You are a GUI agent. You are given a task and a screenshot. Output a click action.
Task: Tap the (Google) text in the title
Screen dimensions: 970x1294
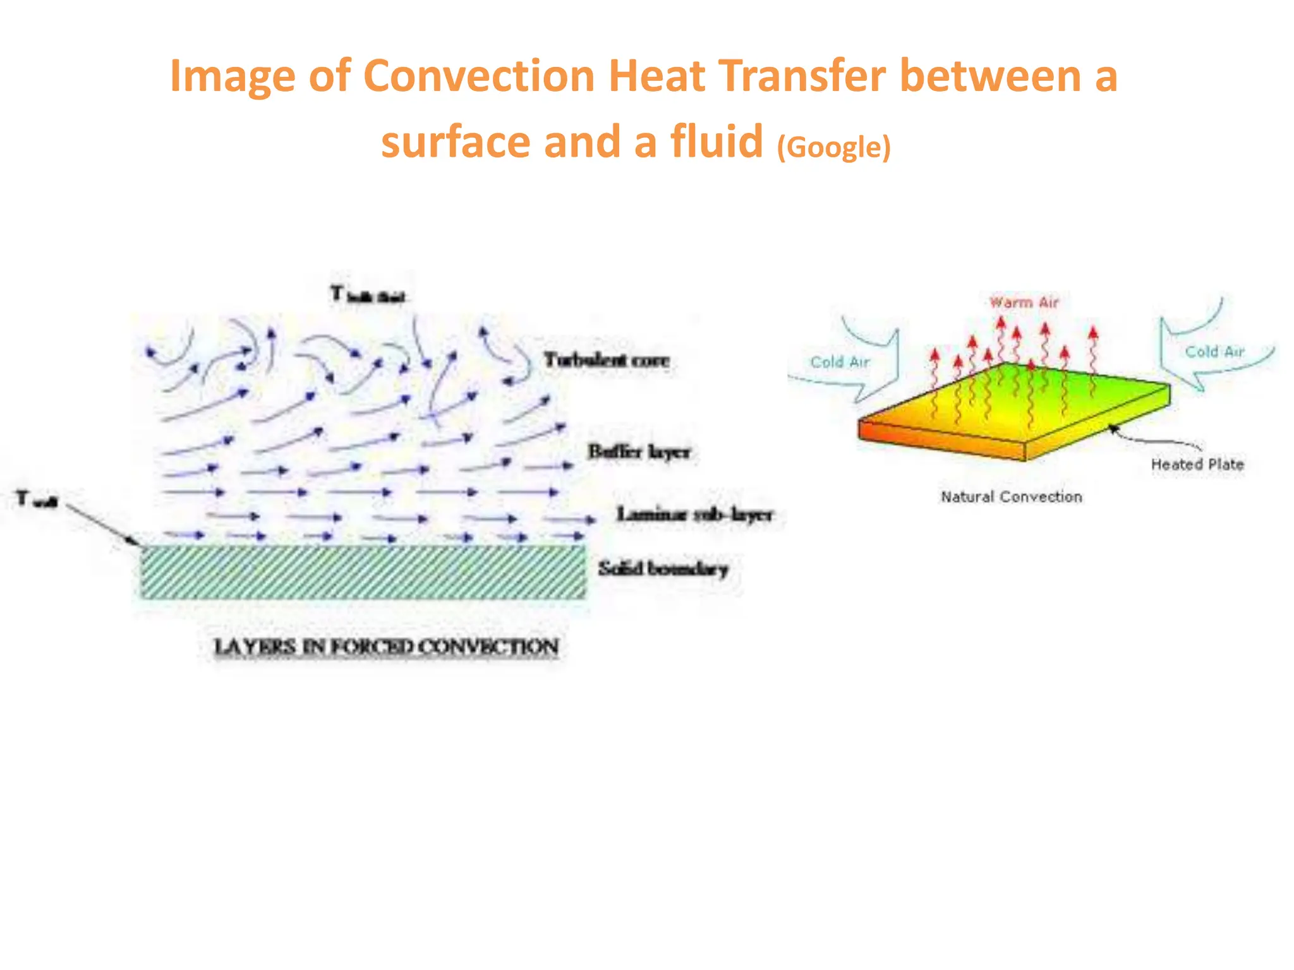click(833, 147)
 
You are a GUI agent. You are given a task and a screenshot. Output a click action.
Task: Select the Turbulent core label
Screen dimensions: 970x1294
click(607, 361)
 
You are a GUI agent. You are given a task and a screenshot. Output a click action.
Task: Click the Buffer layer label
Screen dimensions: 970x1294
click(639, 452)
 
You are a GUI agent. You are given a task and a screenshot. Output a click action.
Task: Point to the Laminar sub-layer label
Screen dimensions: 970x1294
click(694, 515)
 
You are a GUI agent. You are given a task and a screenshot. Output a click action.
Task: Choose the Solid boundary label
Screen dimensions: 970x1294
click(663, 569)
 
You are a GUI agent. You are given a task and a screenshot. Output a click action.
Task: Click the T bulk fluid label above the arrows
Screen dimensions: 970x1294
click(368, 295)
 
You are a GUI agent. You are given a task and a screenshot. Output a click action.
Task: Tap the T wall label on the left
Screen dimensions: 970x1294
click(37, 500)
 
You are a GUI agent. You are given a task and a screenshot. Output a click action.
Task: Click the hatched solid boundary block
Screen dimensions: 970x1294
click(363, 572)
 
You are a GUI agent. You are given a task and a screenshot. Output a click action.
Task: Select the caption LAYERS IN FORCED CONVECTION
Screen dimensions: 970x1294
click(387, 647)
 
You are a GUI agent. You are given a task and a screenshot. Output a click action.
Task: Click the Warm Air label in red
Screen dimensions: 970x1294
click(1024, 302)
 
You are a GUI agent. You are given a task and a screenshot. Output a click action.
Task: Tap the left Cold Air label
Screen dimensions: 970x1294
click(840, 362)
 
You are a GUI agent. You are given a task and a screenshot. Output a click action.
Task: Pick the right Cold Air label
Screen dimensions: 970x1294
click(1214, 352)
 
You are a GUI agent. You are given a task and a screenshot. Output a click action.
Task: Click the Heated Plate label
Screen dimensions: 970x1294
click(1197, 465)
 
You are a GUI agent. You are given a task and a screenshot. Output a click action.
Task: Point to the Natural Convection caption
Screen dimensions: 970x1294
click(1011, 497)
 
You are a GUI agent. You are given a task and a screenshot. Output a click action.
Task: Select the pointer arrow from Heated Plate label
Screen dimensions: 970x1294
click(1150, 439)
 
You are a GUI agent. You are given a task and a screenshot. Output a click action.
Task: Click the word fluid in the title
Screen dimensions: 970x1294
click(717, 141)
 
